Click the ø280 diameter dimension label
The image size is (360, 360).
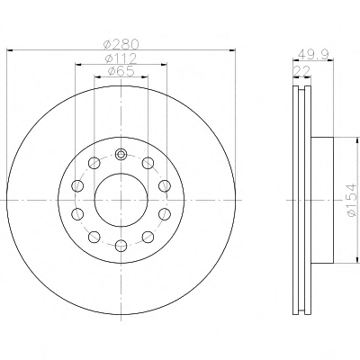[121, 45]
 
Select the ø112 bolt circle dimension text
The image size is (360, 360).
[121, 58]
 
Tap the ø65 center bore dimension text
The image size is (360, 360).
[121, 71]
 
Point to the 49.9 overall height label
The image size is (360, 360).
[313, 55]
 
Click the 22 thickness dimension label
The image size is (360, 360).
[301, 71]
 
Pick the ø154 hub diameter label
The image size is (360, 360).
[352, 200]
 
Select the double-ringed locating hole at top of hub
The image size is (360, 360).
[121, 155]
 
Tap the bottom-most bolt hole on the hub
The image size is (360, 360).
[121, 246]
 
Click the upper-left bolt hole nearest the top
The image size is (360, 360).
[94, 163]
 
